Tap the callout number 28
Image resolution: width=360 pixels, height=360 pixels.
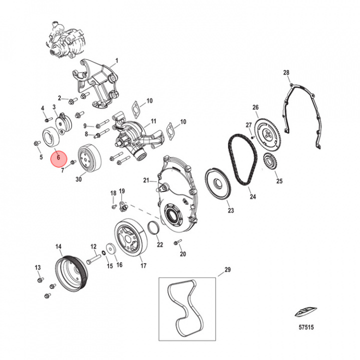click(286, 72)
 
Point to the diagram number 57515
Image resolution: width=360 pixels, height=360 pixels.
click(306, 327)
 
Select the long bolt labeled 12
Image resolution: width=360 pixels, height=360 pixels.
click(94, 259)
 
